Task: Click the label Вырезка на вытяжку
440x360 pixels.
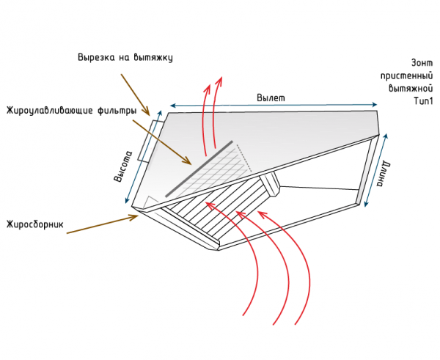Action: (125, 57)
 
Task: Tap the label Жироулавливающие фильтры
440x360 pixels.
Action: (72, 111)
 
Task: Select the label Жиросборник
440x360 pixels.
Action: (35, 224)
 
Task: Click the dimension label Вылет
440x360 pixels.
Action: (271, 98)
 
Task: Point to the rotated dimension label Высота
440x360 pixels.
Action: (122, 166)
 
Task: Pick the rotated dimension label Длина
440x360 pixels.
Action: (383, 174)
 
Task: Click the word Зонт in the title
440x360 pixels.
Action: (422, 63)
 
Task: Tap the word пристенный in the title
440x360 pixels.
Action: (406, 76)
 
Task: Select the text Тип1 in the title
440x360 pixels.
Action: (423, 100)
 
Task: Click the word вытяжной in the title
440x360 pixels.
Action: (411, 89)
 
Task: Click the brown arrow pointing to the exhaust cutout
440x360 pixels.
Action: (136, 95)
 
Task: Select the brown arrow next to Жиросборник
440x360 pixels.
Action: (103, 224)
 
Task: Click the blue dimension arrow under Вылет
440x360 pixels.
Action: (274, 106)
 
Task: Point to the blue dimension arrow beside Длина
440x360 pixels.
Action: (376, 170)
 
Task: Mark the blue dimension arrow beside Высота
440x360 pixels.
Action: (144, 157)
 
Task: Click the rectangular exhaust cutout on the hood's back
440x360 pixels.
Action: (149, 141)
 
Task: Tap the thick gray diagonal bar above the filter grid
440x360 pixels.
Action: (199, 169)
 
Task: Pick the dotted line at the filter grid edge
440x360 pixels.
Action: (244, 158)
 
